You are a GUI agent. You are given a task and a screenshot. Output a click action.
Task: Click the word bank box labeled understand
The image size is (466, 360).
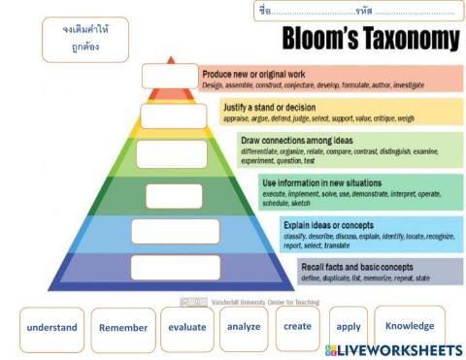click(x=51, y=328)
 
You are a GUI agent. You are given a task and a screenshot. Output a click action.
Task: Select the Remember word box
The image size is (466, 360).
click(x=123, y=328)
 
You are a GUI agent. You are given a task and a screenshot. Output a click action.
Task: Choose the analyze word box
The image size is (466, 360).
click(x=244, y=327)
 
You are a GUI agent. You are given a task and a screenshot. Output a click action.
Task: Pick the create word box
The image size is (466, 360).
click(x=297, y=327)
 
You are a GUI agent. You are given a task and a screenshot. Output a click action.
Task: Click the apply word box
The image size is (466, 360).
click(x=348, y=329)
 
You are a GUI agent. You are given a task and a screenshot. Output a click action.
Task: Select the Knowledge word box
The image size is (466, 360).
click(x=409, y=327)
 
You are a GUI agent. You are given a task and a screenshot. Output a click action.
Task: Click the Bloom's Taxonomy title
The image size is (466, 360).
click(x=371, y=38)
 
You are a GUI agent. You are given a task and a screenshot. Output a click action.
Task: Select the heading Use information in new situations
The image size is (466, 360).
click(x=321, y=182)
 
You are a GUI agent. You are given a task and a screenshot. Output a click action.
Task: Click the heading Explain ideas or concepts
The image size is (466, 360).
click(x=328, y=224)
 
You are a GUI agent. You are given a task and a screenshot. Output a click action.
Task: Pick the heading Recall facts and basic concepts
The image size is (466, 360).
click(x=357, y=266)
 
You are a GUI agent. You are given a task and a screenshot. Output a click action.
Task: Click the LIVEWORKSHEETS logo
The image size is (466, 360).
click(x=393, y=349)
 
